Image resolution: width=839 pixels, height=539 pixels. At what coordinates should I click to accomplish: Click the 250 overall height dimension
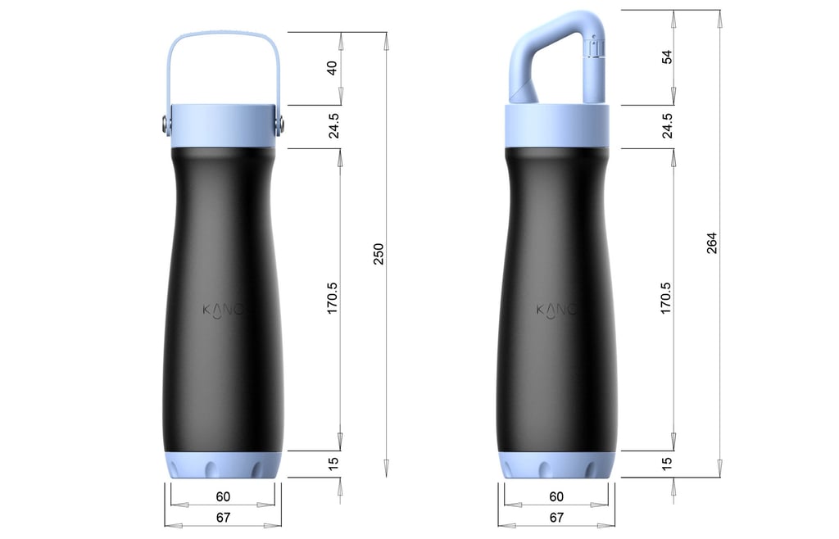379,256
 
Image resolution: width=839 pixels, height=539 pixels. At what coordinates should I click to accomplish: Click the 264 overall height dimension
711,243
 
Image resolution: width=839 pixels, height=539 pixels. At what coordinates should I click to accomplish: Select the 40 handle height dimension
333,68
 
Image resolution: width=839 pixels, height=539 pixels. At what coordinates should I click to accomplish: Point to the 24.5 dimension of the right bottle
667,126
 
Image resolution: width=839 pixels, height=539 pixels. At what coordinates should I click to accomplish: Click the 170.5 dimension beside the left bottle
333,299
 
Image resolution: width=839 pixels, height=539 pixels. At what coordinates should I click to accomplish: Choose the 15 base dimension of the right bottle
667,464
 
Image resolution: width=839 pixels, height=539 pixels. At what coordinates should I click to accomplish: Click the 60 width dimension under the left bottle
223,496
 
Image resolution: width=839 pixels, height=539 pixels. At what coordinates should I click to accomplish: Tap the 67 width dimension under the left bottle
223,518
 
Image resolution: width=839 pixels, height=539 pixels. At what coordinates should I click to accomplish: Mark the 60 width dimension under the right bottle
556,496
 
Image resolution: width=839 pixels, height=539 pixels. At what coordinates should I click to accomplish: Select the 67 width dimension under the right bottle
556,518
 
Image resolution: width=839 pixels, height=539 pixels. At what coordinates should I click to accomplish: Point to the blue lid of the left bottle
223,125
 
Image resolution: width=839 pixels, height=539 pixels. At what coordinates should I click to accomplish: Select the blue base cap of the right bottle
556,465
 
